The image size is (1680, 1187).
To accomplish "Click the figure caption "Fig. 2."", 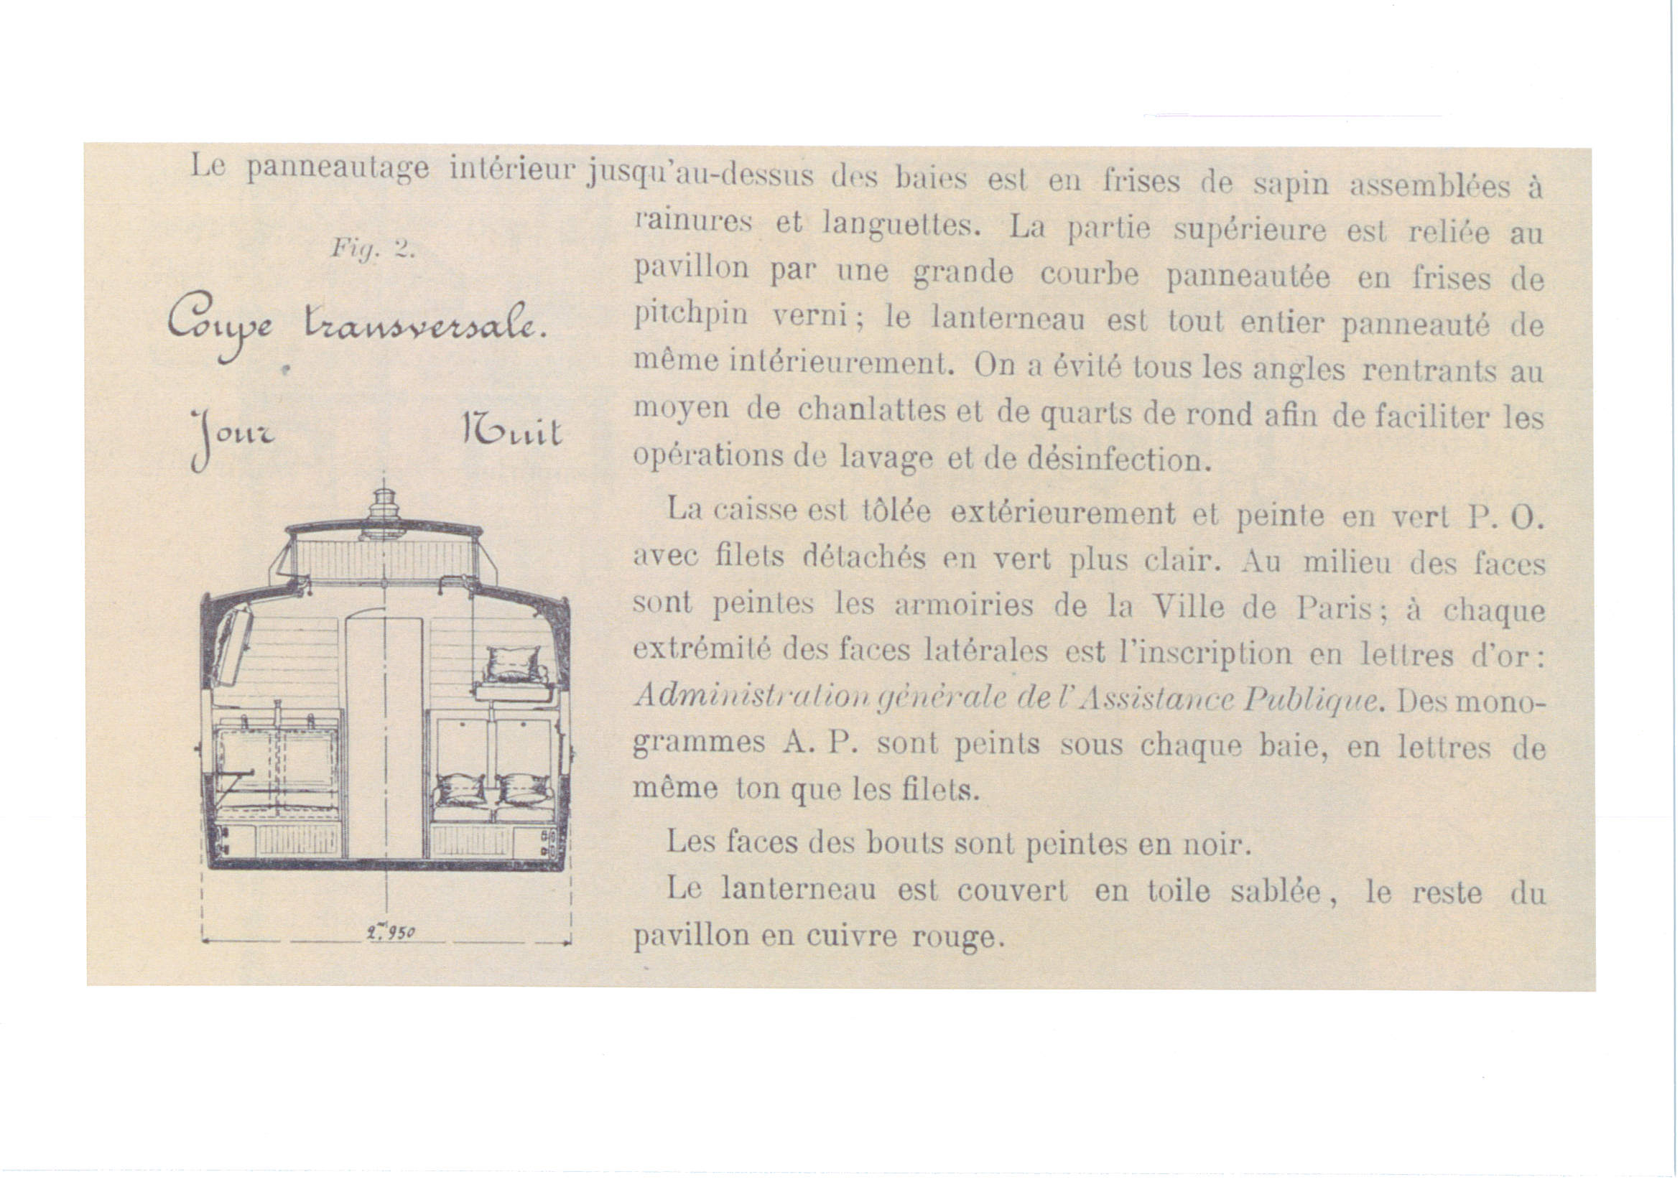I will click(x=373, y=248).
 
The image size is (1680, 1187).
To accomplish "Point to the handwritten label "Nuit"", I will click(x=512, y=432).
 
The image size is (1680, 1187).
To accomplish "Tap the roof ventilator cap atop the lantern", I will click(x=384, y=505).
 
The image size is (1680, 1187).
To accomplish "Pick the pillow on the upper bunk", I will click(x=515, y=664).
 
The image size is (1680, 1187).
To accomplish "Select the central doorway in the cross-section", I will click(x=384, y=739).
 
